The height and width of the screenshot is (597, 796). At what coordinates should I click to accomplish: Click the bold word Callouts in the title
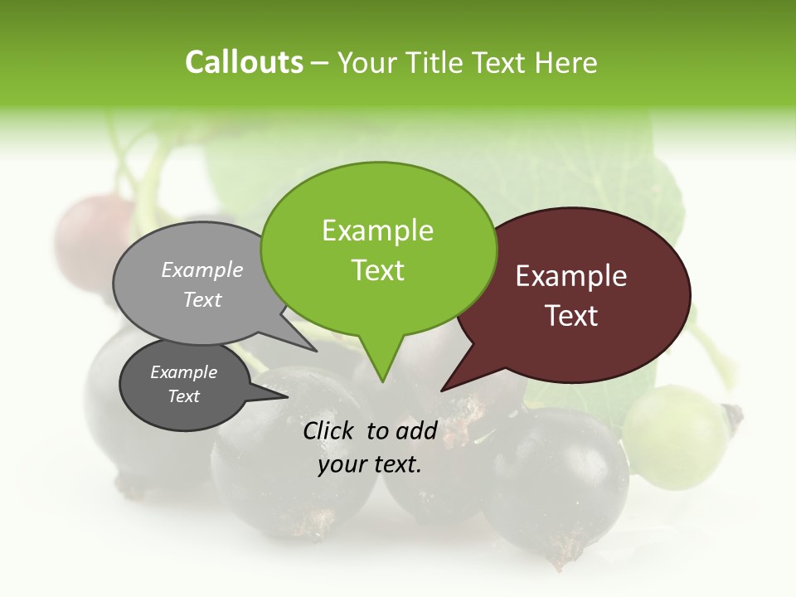click(x=244, y=62)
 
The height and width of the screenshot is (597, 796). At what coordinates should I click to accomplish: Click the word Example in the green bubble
click(x=377, y=231)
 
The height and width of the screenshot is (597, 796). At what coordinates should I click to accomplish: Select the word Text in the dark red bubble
click(x=571, y=316)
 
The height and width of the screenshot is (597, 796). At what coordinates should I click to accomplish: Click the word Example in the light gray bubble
click(x=201, y=269)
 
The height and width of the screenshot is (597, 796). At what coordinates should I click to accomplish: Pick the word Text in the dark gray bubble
click(x=183, y=396)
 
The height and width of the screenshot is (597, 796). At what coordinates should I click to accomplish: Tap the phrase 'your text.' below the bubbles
click(x=369, y=465)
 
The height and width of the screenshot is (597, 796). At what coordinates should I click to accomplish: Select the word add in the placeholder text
click(x=416, y=430)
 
